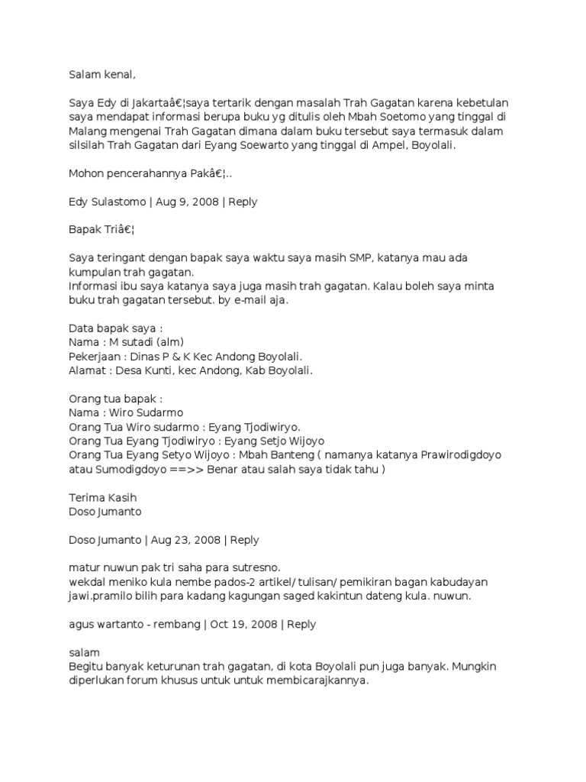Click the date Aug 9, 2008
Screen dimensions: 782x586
[188, 202]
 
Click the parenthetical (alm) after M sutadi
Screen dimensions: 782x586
[168, 343]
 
